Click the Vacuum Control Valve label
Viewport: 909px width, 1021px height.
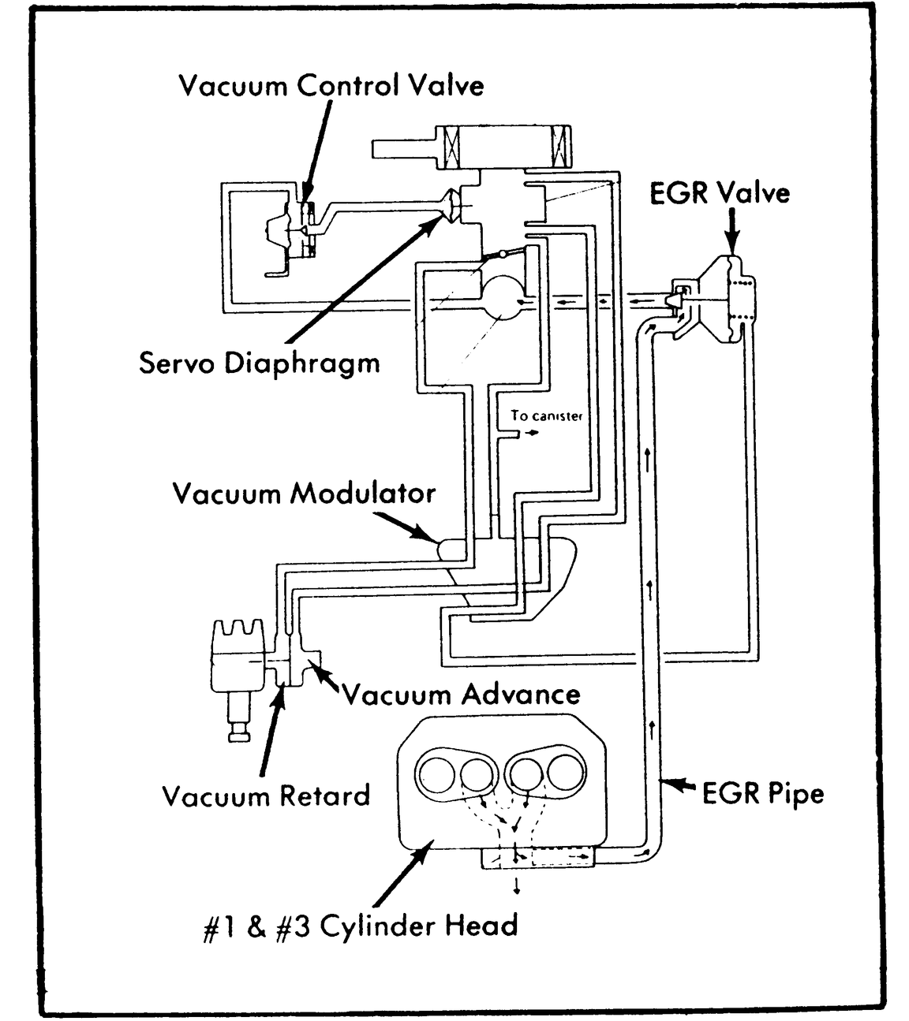pos(331,85)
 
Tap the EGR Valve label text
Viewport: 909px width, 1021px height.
pos(719,193)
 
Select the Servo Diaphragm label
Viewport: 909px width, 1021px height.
pos(259,363)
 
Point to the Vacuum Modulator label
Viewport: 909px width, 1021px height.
pos(304,494)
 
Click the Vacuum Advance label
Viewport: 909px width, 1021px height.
pos(462,695)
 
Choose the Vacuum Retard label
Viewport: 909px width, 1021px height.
pos(266,796)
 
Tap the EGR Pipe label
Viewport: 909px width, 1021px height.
pos(762,793)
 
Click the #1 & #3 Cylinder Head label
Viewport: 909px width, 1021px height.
pos(361,926)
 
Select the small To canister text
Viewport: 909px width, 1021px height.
pos(546,415)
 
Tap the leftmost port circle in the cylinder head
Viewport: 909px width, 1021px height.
pos(436,774)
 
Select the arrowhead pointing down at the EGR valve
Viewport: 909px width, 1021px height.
pos(733,244)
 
